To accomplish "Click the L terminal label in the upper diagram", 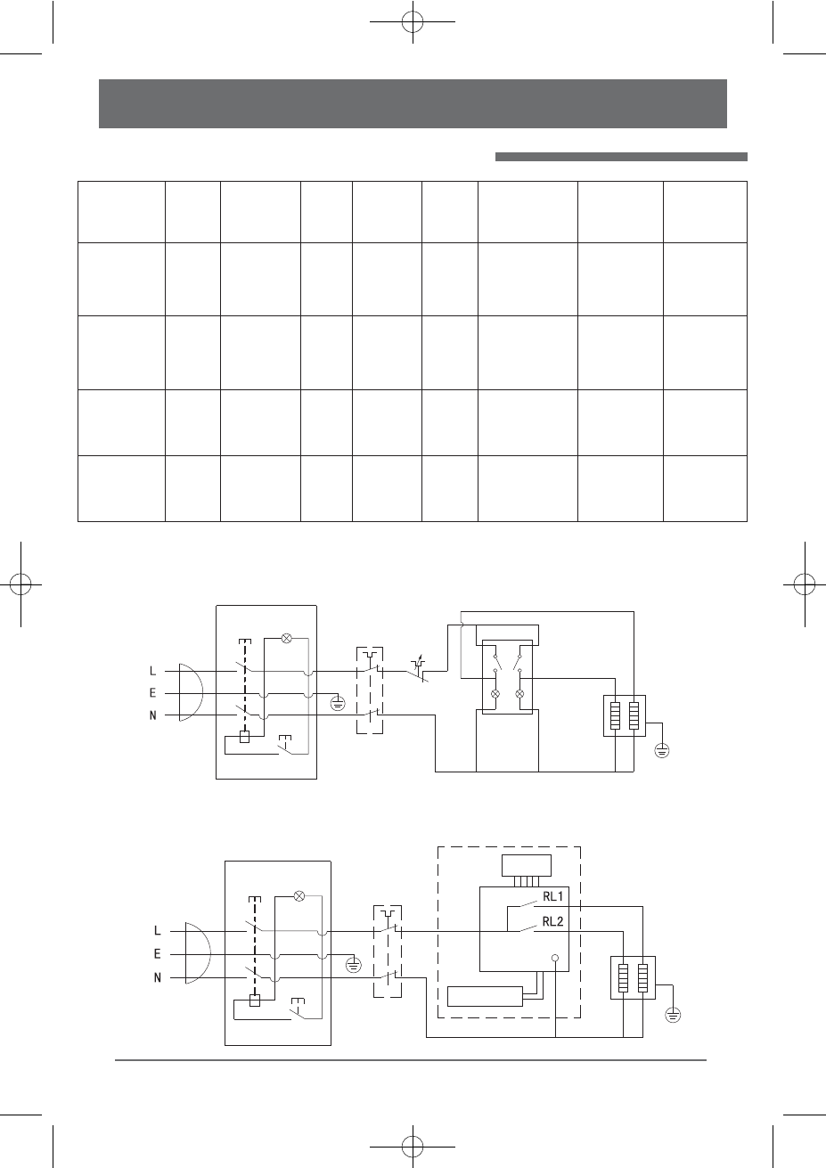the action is tap(153, 670).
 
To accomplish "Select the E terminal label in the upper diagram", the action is tap(153, 692).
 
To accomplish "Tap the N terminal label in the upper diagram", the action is tap(153, 715).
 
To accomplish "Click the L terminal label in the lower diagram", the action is tap(158, 930).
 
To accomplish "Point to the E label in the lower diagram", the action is tap(158, 954).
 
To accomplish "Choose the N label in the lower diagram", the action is tap(158, 977).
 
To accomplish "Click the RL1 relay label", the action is tap(552, 897).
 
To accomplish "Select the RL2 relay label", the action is tap(552, 921).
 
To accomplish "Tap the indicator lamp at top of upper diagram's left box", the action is tap(287, 638).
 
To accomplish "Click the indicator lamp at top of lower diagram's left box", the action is tap(299, 895).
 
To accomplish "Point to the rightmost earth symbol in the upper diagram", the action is tap(662, 750).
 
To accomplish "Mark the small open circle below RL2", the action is tap(554, 959).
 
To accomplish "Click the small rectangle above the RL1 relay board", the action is tap(526, 865).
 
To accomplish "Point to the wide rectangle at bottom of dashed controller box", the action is tap(485, 995).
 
